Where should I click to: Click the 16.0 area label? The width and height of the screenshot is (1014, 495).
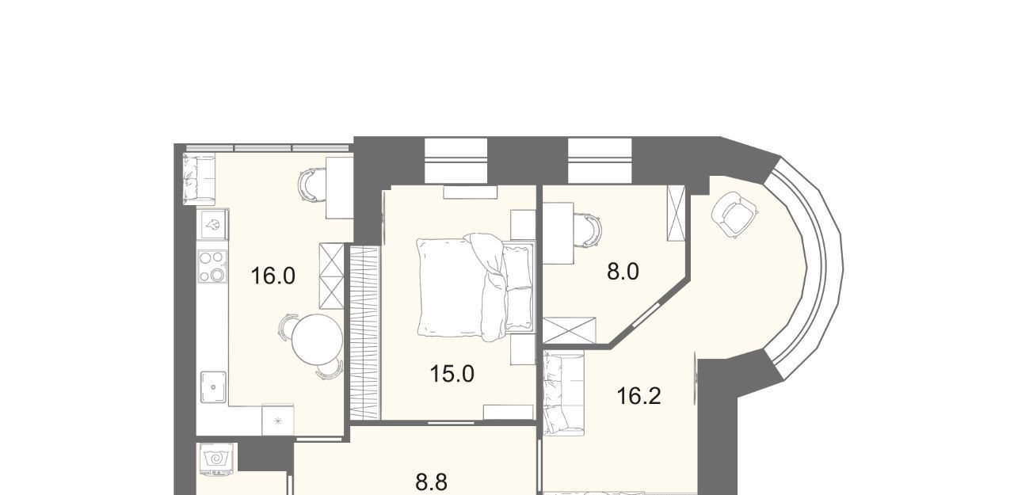pyautogui.click(x=273, y=276)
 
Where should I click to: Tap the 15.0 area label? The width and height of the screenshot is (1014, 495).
pyautogui.click(x=452, y=374)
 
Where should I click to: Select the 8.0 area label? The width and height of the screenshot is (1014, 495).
pyautogui.click(x=623, y=272)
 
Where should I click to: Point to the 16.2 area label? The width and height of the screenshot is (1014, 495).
pyautogui.click(x=639, y=396)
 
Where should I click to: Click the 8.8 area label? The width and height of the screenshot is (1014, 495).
pyautogui.click(x=432, y=482)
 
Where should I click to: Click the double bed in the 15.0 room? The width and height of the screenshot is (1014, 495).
pyautogui.click(x=475, y=287)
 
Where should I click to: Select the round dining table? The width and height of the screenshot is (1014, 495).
pyautogui.click(x=317, y=339)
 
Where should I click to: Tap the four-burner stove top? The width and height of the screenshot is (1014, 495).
pyautogui.click(x=212, y=266)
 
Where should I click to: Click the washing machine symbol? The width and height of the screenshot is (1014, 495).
pyautogui.click(x=217, y=459)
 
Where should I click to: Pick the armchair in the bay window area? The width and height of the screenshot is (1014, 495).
pyautogui.click(x=734, y=215)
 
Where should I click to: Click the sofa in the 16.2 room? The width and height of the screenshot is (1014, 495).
pyautogui.click(x=563, y=394)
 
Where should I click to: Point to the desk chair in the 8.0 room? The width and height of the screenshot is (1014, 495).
pyautogui.click(x=589, y=230)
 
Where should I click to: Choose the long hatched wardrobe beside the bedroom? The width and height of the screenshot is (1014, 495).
pyautogui.click(x=364, y=333)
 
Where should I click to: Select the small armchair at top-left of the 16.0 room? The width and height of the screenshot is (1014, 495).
pyautogui.click(x=199, y=179)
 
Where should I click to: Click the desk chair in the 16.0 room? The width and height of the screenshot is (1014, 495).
pyautogui.click(x=312, y=185)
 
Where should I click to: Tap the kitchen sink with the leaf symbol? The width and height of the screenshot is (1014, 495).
pyautogui.click(x=213, y=224)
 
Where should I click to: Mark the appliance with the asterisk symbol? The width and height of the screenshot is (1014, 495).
pyautogui.click(x=278, y=421)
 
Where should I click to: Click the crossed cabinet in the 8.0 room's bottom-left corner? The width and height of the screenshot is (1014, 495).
pyautogui.click(x=569, y=330)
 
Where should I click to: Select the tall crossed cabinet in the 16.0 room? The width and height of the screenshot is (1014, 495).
pyautogui.click(x=332, y=276)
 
